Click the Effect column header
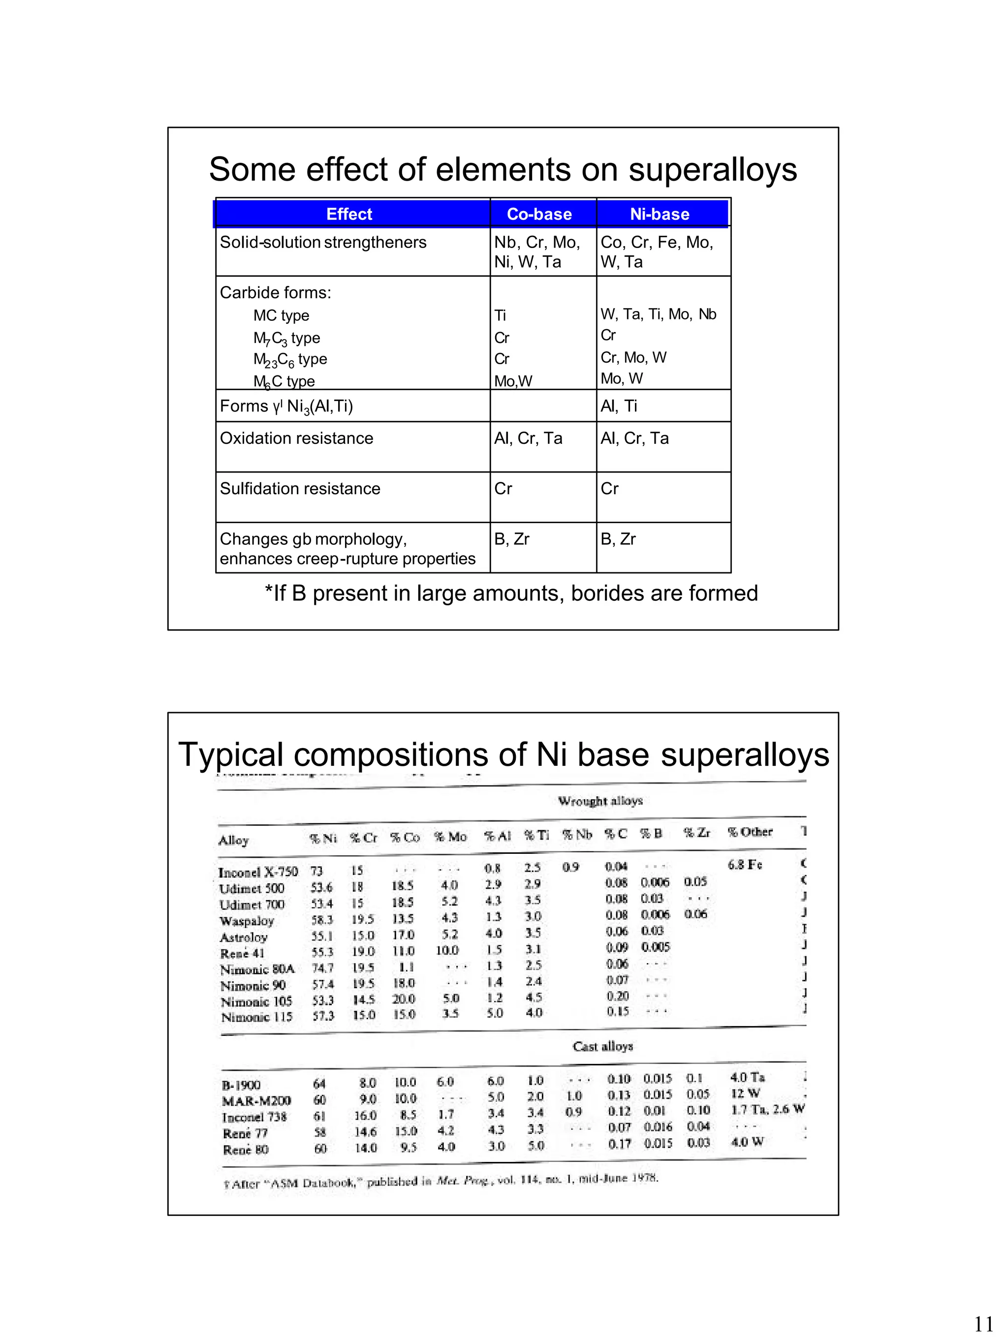click(349, 214)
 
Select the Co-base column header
click(539, 214)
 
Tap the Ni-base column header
click(659, 214)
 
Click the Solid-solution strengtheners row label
click(323, 243)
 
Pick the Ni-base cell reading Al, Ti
click(619, 406)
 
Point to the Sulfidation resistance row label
click(300, 489)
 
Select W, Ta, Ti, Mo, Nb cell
click(658, 314)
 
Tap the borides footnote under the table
click(511, 593)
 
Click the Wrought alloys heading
click(599, 801)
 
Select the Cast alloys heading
click(602, 1046)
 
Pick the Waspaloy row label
click(247, 920)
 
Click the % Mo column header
click(450, 837)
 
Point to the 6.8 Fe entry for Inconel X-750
click(744, 865)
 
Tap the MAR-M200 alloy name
click(256, 1100)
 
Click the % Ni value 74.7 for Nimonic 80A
click(323, 969)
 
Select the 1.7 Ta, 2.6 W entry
click(767, 1109)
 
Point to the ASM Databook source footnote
click(441, 1181)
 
